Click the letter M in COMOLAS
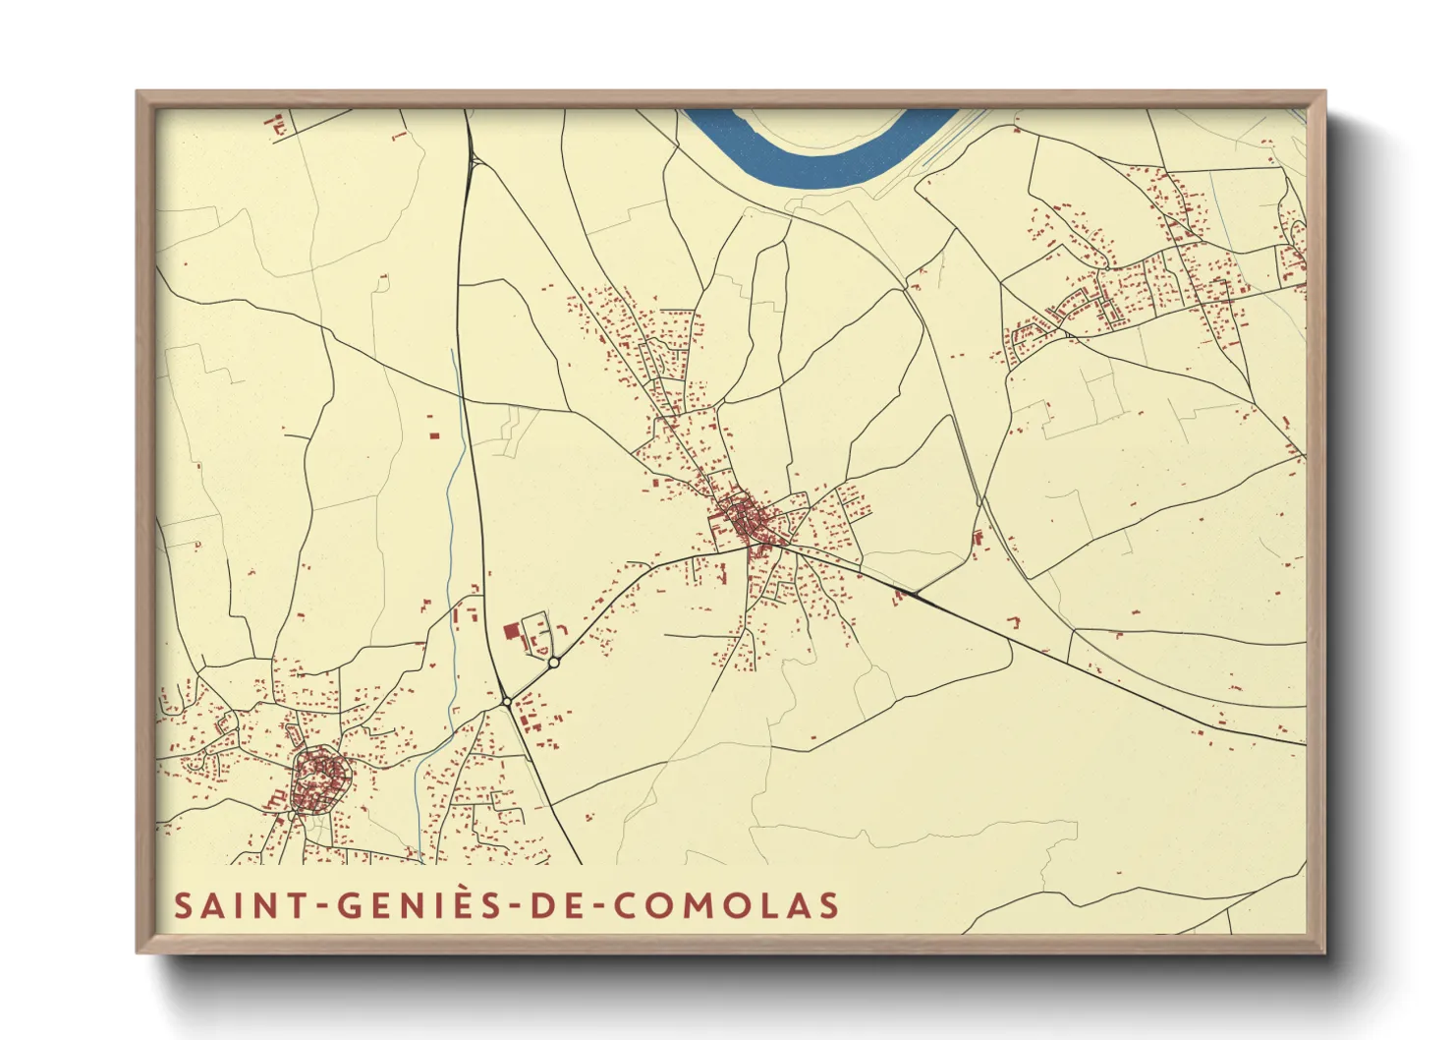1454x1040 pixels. click(x=697, y=905)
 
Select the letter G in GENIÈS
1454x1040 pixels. click(x=352, y=905)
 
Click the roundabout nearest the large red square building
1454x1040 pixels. click(x=554, y=663)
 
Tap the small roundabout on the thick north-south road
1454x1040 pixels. click(x=506, y=701)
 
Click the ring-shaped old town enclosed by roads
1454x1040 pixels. click(x=320, y=780)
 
